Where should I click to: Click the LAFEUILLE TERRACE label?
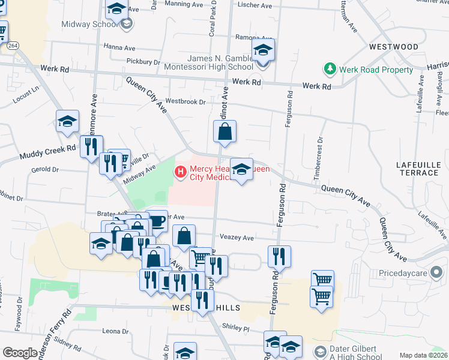(x=417, y=168)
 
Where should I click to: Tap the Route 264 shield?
(x=13, y=46)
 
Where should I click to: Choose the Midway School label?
(x=88, y=24)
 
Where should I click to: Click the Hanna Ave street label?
(x=119, y=47)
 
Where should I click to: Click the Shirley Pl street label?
(x=235, y=329)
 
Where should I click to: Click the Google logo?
(x=20, y=353)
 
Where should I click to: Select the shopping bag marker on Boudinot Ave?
(x=224, y=132)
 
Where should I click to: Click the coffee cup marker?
(x=157, y=221)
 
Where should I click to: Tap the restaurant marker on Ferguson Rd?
(x=279, y=255)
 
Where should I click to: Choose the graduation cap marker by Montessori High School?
(x=263, y=51)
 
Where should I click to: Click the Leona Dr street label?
(x=115, y=331)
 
